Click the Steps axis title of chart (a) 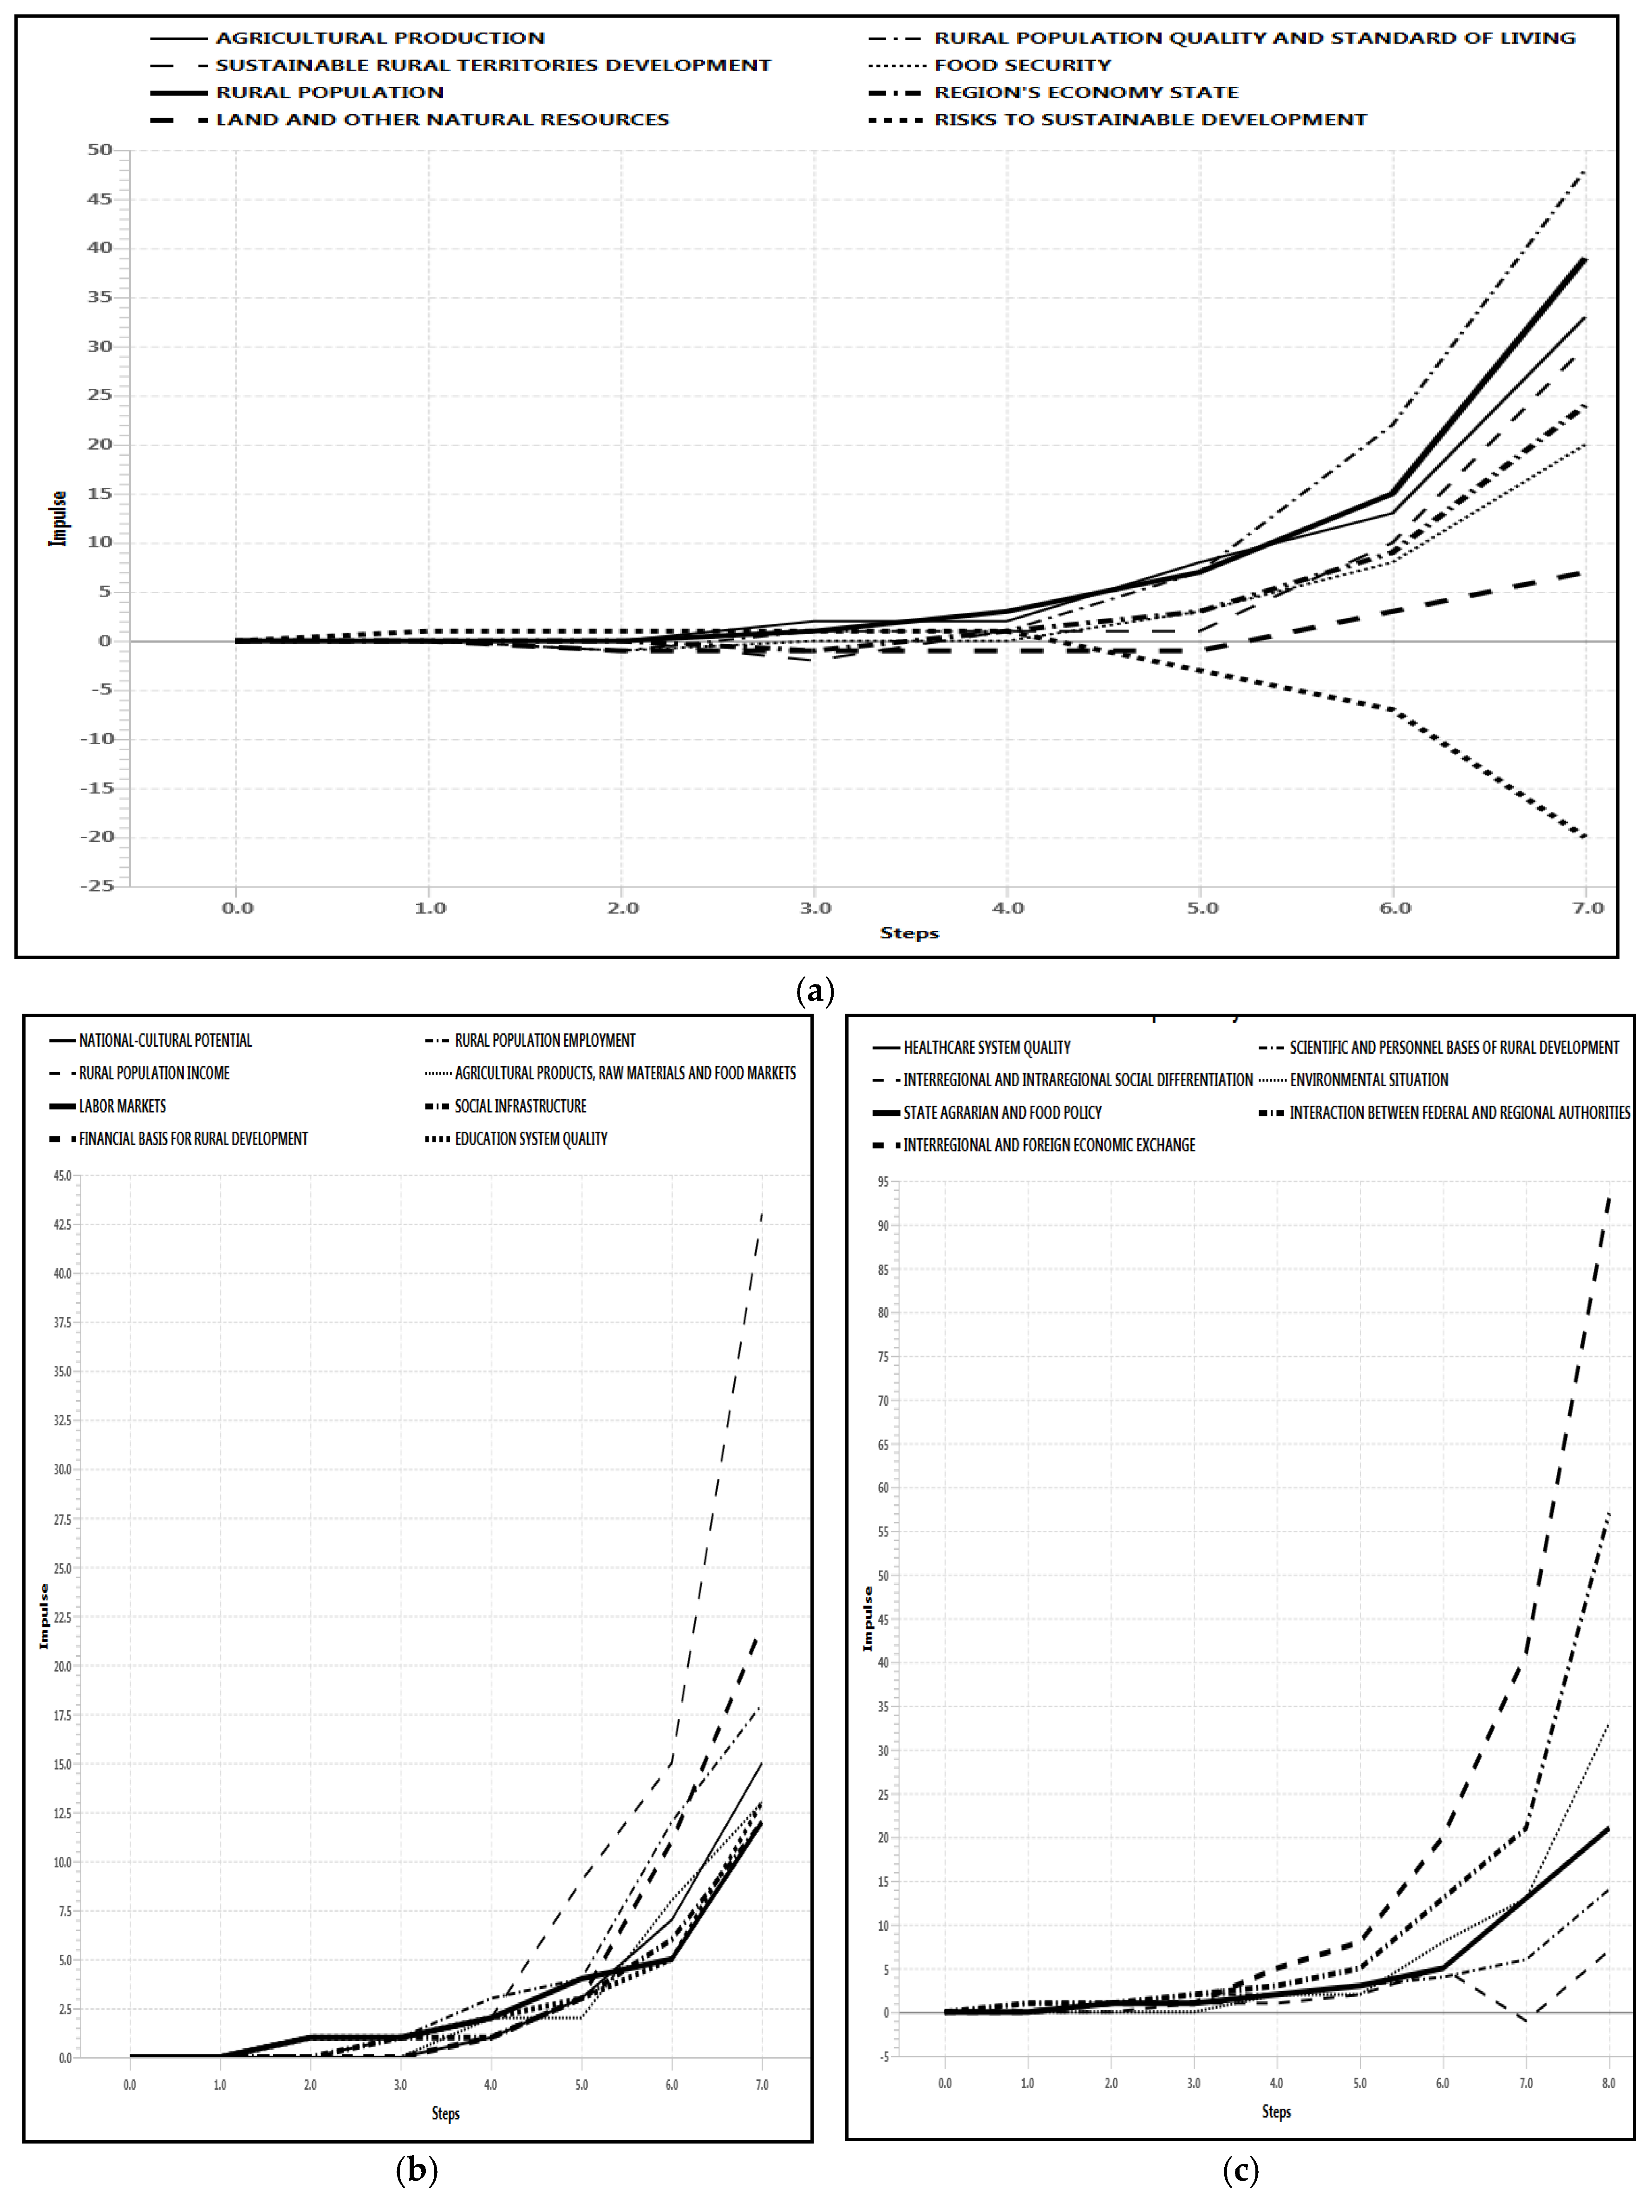pyautogui.click(x=908, y=933)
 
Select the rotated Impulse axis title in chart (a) pyautogui.click(x=58, y=518)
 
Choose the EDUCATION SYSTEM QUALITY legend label pyautogui.click(x=531, y=1138)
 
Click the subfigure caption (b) pyautogui.click(x=416, y=2169)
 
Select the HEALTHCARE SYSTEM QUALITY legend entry pyautogui.click(x=986, y=1048)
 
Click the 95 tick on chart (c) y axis pyautogui.click(x=882, y=1182)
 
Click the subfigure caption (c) pyautogui.click(x=1240, y=2169)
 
